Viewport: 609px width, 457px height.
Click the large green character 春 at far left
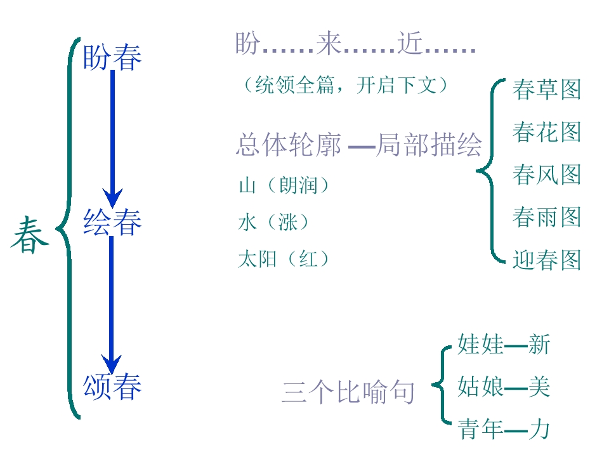pyautogui.click(x=29, y=235)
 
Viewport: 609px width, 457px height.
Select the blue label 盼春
pyautogui.click(x=112, y=57)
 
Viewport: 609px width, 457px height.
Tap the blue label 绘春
pyautogui.click(x=112, y=222)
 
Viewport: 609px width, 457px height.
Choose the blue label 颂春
pyautogui.click(x=112, y=387)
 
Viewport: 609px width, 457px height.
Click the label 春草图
pyautogui.click(x=546, y=89)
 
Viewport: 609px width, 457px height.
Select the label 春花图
pyautogui.click(x=546, y=132)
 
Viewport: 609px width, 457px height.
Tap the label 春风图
pyautogui.click(x=546, y=175)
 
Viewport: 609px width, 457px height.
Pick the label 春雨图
pyautogui.click(x=546, y=217)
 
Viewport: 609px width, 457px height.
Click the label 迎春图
pyautogui.click(x=546, y=260)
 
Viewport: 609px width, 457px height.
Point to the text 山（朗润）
pyautogui.click(x=284, y=186)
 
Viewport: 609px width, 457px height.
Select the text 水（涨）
pyautogui.click(x=273, y=222)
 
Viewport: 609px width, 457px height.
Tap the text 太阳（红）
pyautogui.click(x=284, y=259)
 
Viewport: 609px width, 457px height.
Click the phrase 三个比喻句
pyautogui.click(x=348, y=393)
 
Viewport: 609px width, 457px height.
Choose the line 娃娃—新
pyautogui.click(x=503, y=345)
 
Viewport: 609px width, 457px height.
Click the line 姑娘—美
pyautogui.click(x=503, y=387)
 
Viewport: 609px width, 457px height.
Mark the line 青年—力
pyautogui.click(x=503, y=430)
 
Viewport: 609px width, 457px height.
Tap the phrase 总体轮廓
pyautogui.click(x=289, y=145)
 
